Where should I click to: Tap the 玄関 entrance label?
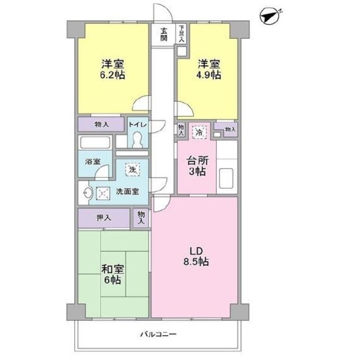164,34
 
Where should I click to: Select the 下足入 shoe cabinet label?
182,34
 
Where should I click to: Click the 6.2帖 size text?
113,75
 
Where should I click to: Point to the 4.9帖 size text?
208,75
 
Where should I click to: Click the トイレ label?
137,125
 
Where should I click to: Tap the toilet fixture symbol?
138,139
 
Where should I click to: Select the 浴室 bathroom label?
92,161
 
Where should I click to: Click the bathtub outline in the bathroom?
95,142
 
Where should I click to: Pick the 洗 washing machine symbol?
132,170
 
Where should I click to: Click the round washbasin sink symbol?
88,193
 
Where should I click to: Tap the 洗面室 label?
127,191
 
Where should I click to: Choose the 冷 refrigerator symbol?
199,132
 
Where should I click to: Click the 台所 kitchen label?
198,160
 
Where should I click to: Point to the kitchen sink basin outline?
226,178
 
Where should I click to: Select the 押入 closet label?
104,218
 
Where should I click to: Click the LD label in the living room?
196,251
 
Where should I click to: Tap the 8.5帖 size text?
196,262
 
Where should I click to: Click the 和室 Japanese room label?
113,269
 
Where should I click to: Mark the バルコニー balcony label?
159,334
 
